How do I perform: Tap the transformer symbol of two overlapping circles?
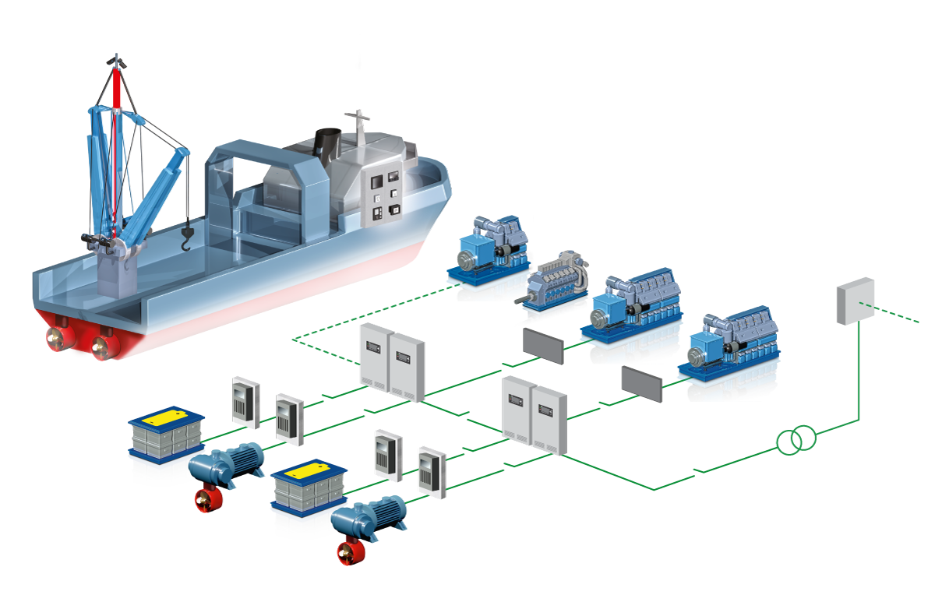(x=796, y=441)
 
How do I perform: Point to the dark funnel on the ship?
(x=327, y=144)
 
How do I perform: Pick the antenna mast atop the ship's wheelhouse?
(x=358, y=128)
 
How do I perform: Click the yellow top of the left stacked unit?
(x=167, y=417)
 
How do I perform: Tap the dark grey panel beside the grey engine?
(x=543, y=346)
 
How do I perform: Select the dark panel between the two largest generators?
(x=641, y=384)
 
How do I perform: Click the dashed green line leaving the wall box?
(x=896, y=313)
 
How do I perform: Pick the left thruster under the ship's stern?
(x=57, y=340)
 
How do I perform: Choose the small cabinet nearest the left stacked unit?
(x=245, y=402)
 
